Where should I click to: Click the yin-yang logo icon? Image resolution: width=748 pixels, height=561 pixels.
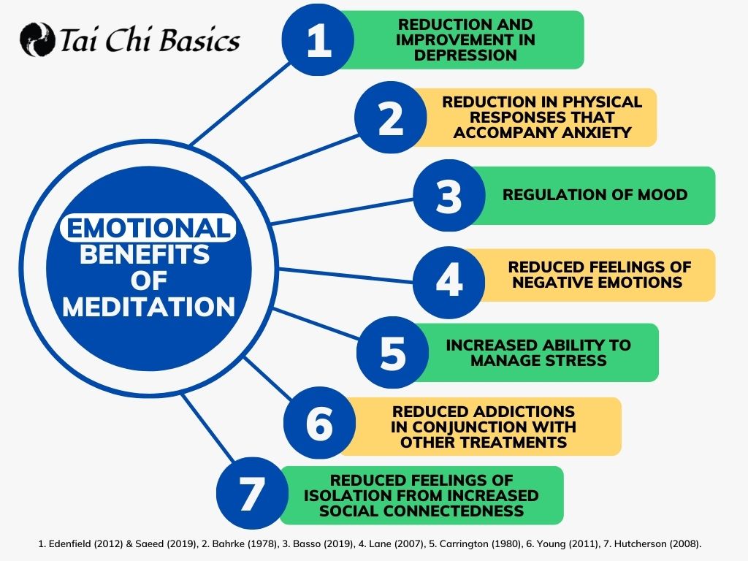click(37, 39)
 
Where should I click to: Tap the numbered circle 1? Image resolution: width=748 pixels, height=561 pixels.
click(318, 39)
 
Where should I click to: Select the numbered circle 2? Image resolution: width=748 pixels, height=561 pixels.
click(391, 118)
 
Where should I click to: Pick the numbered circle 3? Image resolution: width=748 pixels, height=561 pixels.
click(449, 196)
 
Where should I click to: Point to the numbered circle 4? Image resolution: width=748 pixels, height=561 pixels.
click(449, 283)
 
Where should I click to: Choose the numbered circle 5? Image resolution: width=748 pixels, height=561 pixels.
click(392, 353)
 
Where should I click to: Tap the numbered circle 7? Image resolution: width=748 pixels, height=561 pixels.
click(252, 493)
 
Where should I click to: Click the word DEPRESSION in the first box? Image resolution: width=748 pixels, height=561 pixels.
click(465, 56)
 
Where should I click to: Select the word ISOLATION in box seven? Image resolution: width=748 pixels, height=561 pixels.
click(346, 496)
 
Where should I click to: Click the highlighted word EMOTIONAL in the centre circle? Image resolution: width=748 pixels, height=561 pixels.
click(148, 228)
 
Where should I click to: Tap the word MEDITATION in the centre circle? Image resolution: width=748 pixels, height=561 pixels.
click(149, 307)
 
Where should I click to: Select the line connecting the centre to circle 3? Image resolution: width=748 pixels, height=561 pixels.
click(342, 211)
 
